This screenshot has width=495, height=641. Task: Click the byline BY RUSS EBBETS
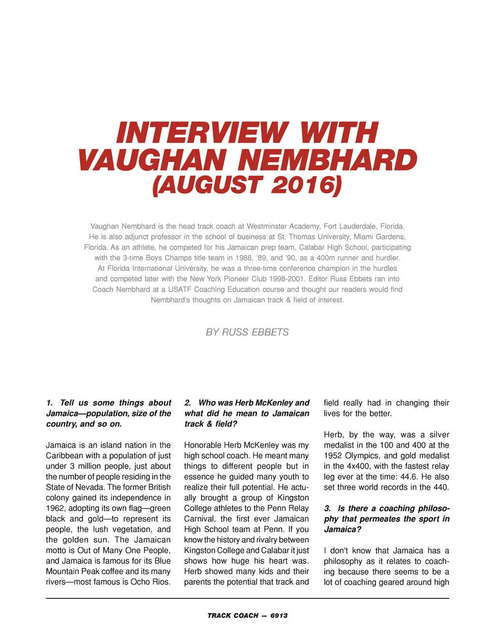[x=247, y=332]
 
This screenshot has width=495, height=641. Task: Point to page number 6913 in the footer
[x=279, y=615]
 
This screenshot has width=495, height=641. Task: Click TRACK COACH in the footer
[x=233, y=615]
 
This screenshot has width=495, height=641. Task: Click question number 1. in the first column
[x=50, y=403]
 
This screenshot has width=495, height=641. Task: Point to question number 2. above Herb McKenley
[x=188, y=403]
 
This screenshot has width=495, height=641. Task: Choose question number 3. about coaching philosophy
[x=328, y=508]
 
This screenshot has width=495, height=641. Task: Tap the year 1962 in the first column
[x=56, y=508]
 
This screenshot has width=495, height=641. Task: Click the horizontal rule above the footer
[x=247, y=598]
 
